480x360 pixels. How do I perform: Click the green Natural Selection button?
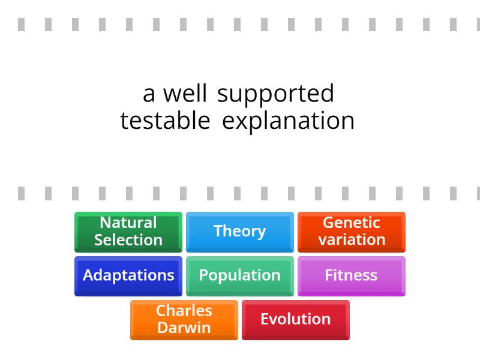[x=128, y=232]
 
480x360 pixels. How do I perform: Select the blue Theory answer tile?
[x=240, y=232]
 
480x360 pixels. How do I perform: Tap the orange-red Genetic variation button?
[x=352, y=232]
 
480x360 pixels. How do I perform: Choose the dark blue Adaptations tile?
[x=128, y=276]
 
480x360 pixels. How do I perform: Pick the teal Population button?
[x=240, y=276]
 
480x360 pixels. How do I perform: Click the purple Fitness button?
[x=352, y=276]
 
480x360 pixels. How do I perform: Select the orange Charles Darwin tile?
[x=184, y=320]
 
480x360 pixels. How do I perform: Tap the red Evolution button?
[x=296, y=320]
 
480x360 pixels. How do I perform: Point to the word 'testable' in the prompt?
[x=166, y=121]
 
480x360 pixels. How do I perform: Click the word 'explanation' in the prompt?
[x=288, y=122]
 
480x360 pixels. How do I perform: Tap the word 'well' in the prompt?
[x=185, y=93]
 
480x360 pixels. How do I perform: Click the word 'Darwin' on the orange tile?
[x=184, y=328]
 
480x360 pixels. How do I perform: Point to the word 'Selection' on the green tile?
[x=128, y=239]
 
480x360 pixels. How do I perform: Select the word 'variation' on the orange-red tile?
[x=352, y=239]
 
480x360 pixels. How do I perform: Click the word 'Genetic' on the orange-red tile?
[x=352, y=223]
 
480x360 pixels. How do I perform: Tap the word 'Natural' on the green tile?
[x=128, y=223]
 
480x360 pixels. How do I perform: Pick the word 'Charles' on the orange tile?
[x=184, y=311]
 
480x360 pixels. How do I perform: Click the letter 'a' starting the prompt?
[x=149, y=95]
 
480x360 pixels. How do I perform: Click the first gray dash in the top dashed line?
[x=21, y=25]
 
